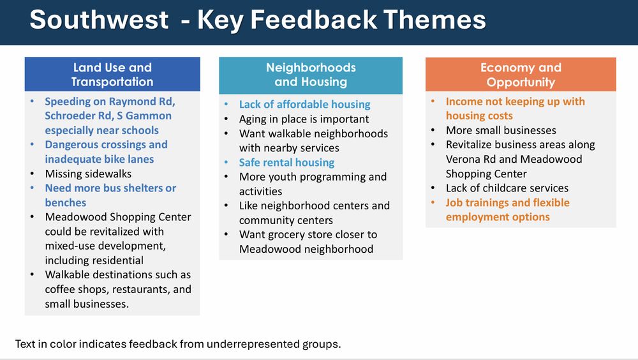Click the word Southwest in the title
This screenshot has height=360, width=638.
click(99, 20)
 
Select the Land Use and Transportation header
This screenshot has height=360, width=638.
click(112, 74)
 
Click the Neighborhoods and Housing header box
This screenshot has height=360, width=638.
click(311, 75)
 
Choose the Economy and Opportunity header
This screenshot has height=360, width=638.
click(521, 74)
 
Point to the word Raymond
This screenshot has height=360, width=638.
click(129, 102)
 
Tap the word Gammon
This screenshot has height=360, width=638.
click(149, 116)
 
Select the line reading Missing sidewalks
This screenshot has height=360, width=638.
click(88, 174)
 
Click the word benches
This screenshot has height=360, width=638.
click(66, 203)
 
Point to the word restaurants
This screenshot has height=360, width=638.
click(141, 290)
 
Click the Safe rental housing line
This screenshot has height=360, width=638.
click(287, 163)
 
